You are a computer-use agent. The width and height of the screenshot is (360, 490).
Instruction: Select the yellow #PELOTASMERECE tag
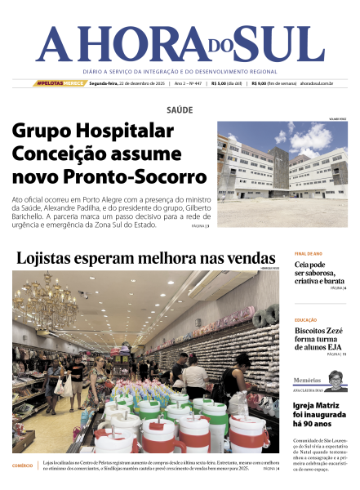click(x=60, y=82)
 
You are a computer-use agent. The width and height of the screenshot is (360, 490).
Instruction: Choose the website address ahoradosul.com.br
click(x=317, y=82)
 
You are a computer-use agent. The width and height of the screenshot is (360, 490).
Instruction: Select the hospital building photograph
click(x=282, y=174)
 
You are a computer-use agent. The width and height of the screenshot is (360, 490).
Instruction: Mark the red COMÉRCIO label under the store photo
click(x=23, y=465)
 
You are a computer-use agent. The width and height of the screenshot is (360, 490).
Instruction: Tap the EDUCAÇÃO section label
click(x=306, y=320)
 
